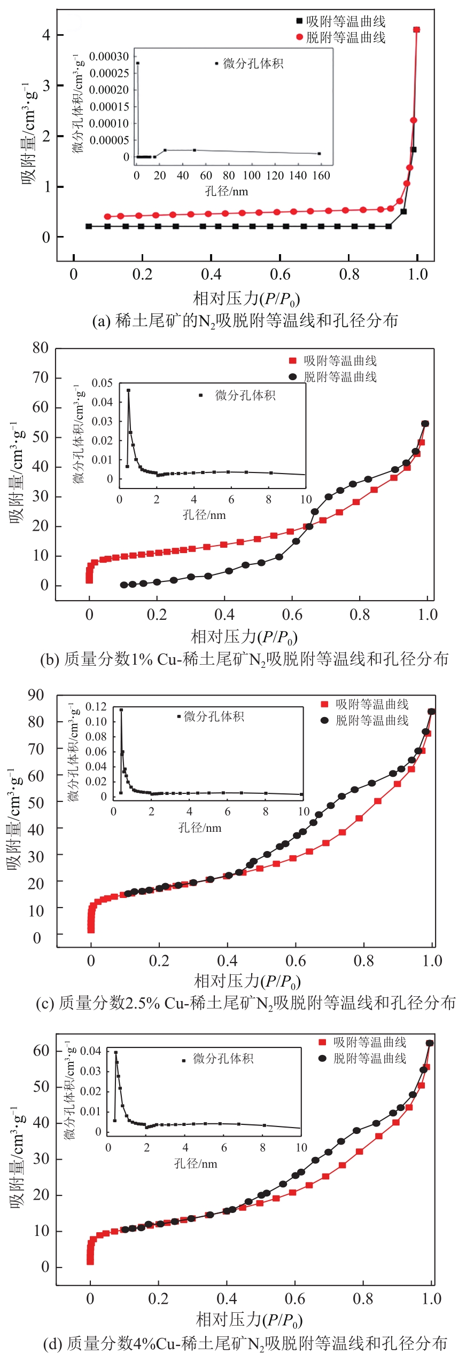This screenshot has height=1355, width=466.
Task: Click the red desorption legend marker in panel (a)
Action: pos(299,37)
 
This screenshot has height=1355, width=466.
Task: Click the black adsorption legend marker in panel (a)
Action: pos(299,21)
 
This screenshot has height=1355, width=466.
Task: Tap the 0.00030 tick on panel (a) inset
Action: pos(109,57)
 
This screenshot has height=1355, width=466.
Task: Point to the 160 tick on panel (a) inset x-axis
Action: pos(321,176)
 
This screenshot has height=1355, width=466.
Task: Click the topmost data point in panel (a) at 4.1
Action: pos(416,30)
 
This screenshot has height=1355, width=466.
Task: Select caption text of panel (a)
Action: pos(245,320)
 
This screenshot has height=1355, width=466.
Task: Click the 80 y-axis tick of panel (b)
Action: pos(41,348)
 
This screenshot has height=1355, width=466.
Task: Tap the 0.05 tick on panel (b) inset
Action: pos(102,383)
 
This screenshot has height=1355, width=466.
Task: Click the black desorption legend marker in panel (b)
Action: pos(292,376)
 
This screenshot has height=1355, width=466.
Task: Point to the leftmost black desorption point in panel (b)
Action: pos(124,585)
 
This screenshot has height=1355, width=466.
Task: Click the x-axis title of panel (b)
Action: pos(244,636)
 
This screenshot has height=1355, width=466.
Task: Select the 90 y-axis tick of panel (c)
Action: pos(36,695)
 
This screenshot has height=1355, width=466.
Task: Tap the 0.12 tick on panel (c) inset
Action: pos(96,706)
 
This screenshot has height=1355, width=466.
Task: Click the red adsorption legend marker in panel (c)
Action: pos(324,704)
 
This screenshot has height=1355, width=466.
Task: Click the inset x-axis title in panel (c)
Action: pos(199,828)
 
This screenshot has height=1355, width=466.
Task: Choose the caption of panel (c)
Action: pos(245,1003)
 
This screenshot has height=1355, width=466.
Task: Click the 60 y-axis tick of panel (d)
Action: pos(41,1051)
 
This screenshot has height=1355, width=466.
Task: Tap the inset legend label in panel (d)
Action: pos(223,1058)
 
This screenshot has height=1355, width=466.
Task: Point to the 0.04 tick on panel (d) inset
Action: pos(90,1051)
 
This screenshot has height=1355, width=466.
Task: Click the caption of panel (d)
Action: pos(245,1343)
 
